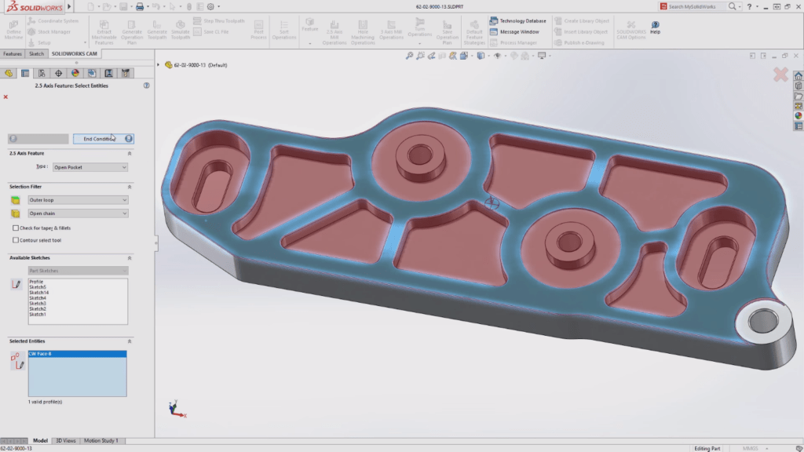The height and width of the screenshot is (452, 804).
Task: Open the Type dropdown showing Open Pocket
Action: click(x=90, y=167)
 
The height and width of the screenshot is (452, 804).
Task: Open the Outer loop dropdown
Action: click(x=77, y=200)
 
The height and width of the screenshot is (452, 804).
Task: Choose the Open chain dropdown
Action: click(x=77, y=213)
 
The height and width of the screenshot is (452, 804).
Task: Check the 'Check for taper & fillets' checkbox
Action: click(x=16, y=228)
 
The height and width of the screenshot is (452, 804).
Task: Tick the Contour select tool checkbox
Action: click(x=16, y=240)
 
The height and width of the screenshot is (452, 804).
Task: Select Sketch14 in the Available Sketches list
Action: click(x=38, y=293)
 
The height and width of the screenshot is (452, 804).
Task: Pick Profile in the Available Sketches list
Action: click(x=36, y=282)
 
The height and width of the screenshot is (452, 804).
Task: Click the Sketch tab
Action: click(x=37, y=54)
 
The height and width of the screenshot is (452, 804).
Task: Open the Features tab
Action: click(x=13, y=54)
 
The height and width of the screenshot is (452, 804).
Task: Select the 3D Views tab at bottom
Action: click(x=66, y=441)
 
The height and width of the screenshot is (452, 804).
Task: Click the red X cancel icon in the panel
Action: click(x=6, y=97)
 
